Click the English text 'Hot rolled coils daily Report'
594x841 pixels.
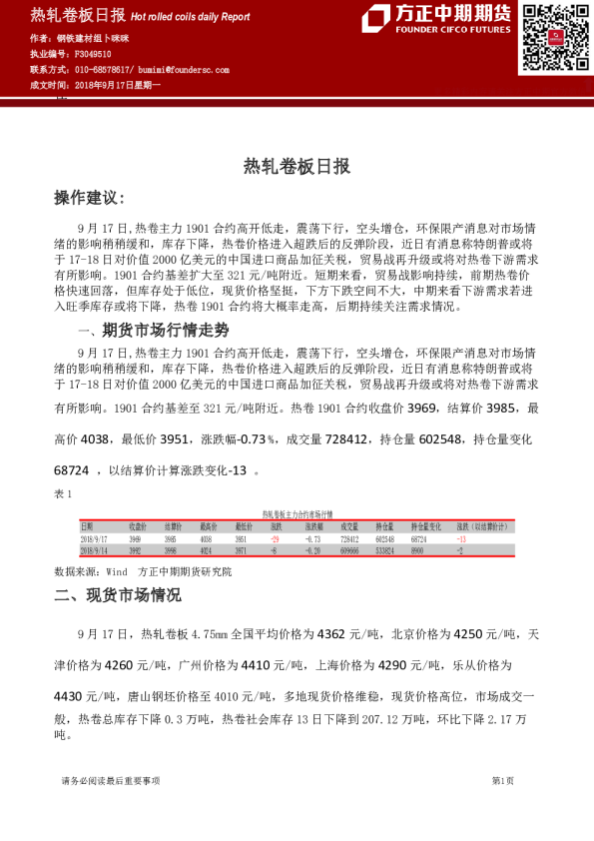(x=191, y=17)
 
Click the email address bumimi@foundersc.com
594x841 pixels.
(x=183, y=70)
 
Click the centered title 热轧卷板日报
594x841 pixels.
(x=297, y=167)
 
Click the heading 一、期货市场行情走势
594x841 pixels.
(x=153, y=330)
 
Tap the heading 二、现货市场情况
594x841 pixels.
(x=118, y=596)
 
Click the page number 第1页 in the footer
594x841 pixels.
(x=502, y=781)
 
